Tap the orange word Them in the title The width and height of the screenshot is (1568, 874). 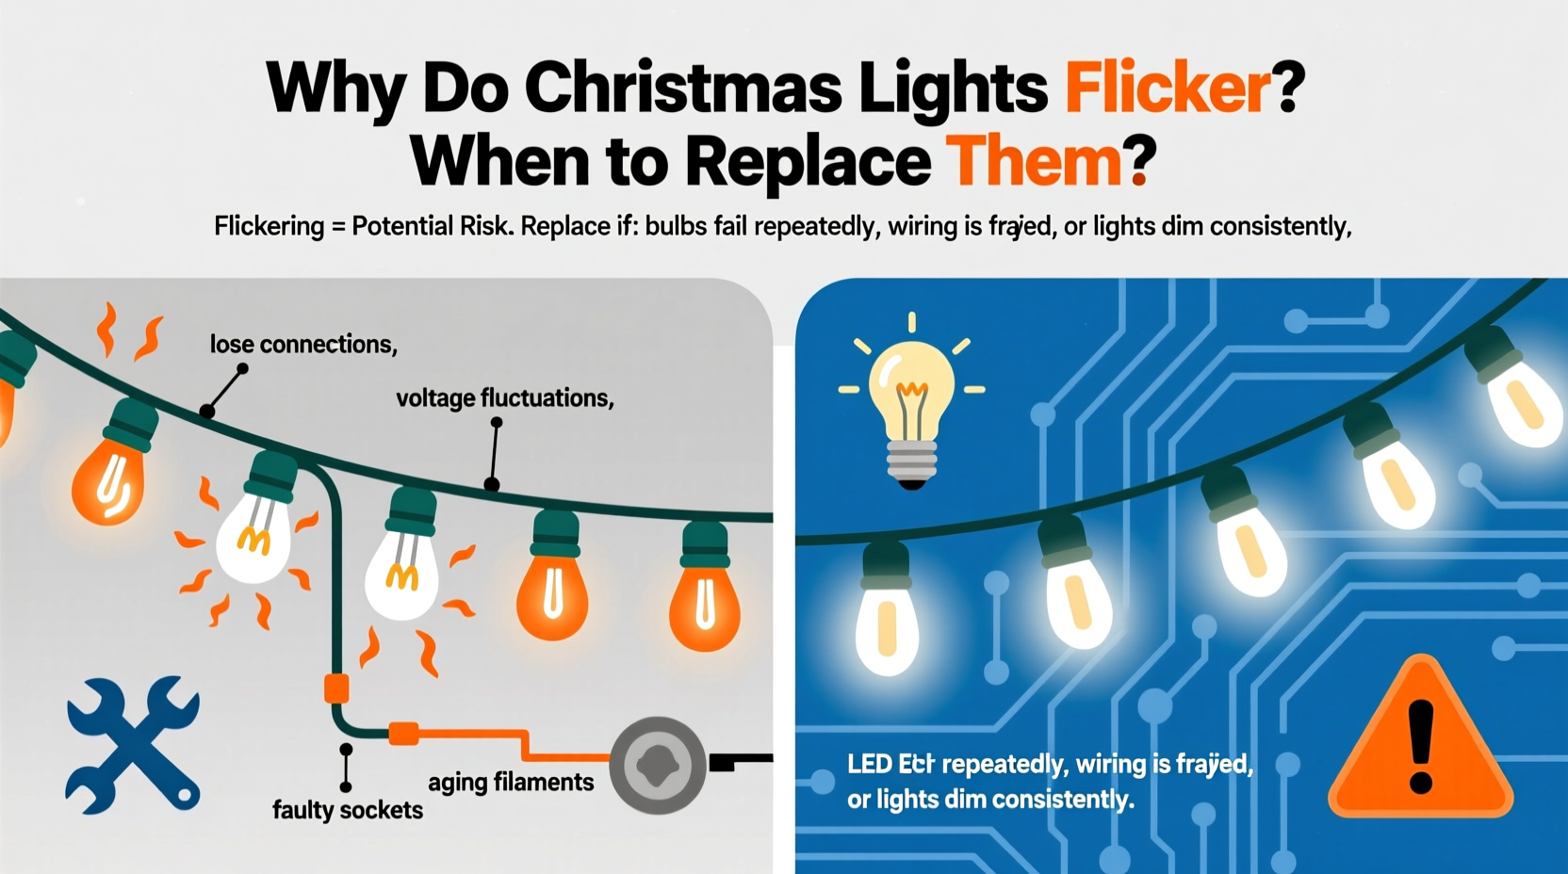pyautogui.click(x=1033, y=162)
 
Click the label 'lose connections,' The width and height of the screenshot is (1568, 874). pyautogui.click(x=302, y=345)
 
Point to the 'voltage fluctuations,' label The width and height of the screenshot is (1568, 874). pyautogui.click(x=504, y=398)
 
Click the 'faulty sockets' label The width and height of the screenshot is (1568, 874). pyautogui.click(x=347, y=810)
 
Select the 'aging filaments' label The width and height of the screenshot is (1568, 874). pyautogui.click(x=511, y=782)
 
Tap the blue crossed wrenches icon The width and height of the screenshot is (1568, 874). pyautogui.click(x=133, y=744)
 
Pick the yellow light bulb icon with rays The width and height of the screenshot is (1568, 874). pyautogui.click(x=911, y=400)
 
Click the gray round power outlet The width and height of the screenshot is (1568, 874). pyautogui.click(x=658, y=765)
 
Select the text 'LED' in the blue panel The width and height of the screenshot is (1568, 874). pyautogui.click(x=869, y=764)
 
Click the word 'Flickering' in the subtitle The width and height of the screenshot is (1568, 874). pyautogui.click(x=269, y=227)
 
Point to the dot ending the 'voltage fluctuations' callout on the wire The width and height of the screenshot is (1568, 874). pyautogui.click(x=492, y=485)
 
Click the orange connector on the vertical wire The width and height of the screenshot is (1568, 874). pyautogui.click(x=336, y=688)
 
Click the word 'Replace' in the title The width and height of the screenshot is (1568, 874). pyautogui.click(x=808, y=162)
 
